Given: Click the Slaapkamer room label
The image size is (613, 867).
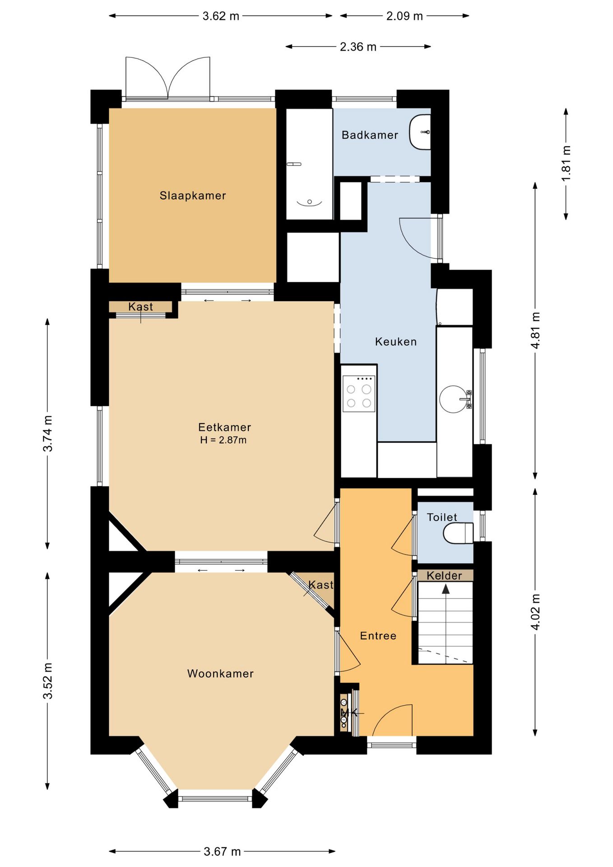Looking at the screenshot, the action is (193, 196).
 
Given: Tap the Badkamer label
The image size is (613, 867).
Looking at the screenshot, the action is (370, 135).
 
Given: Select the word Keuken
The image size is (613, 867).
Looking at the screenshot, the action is (396, 342).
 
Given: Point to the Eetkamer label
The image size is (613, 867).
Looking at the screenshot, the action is (224, 427).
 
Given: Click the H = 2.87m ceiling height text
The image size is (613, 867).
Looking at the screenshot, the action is (223, 440).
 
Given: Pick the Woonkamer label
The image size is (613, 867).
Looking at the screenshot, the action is (220, 674).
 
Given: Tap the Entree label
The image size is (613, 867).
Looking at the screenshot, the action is (378, 636).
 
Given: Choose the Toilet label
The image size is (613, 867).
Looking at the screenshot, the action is (442, 517).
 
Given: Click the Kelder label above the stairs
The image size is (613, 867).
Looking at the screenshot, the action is (445, 576).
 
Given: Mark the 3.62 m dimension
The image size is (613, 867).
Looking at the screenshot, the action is (221, 16).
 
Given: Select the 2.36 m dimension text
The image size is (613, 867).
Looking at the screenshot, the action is (358, 47).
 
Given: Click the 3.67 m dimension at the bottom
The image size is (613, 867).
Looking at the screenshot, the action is (222, 852).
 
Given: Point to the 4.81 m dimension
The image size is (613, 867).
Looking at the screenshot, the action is (535, 330).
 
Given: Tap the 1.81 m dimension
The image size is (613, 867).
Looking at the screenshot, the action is (566, 163).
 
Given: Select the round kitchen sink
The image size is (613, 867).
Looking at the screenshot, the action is (453, 399).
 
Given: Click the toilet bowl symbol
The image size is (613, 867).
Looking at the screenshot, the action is (458, 533).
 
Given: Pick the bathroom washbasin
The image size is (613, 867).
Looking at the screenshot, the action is (420, 132).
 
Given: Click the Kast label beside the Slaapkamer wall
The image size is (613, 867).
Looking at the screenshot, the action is (140, 307).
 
